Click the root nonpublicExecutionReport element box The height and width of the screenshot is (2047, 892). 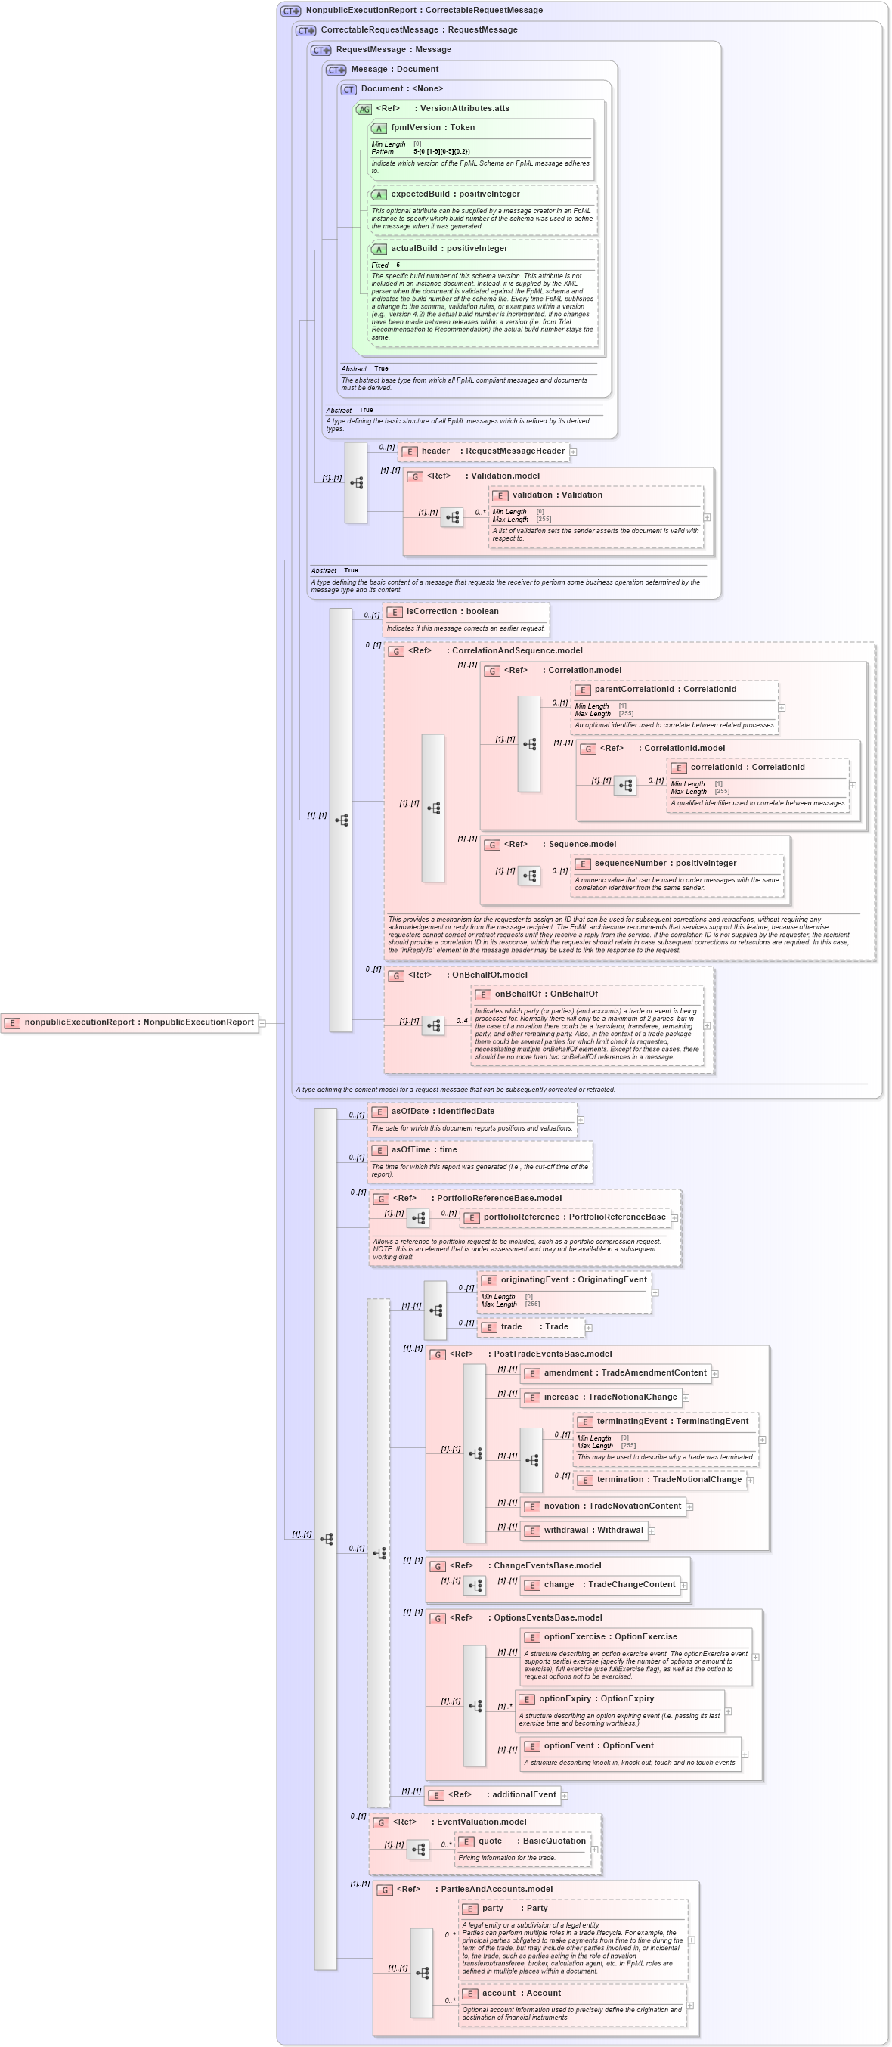131,1022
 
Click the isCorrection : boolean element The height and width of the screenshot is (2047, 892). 451,611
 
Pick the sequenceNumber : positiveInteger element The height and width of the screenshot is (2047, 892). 664,863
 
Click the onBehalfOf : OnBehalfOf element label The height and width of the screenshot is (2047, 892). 546,994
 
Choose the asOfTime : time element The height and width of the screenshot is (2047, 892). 423,1149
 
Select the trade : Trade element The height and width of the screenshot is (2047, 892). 534,1326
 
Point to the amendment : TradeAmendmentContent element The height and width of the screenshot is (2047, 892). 615,1372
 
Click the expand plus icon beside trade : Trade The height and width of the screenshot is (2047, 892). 589,1327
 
